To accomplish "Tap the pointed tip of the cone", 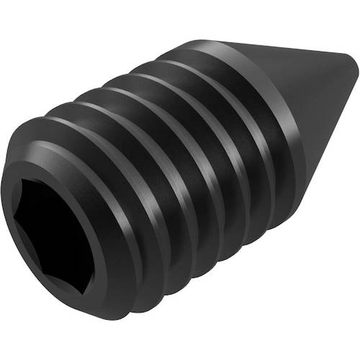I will (355, 67).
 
